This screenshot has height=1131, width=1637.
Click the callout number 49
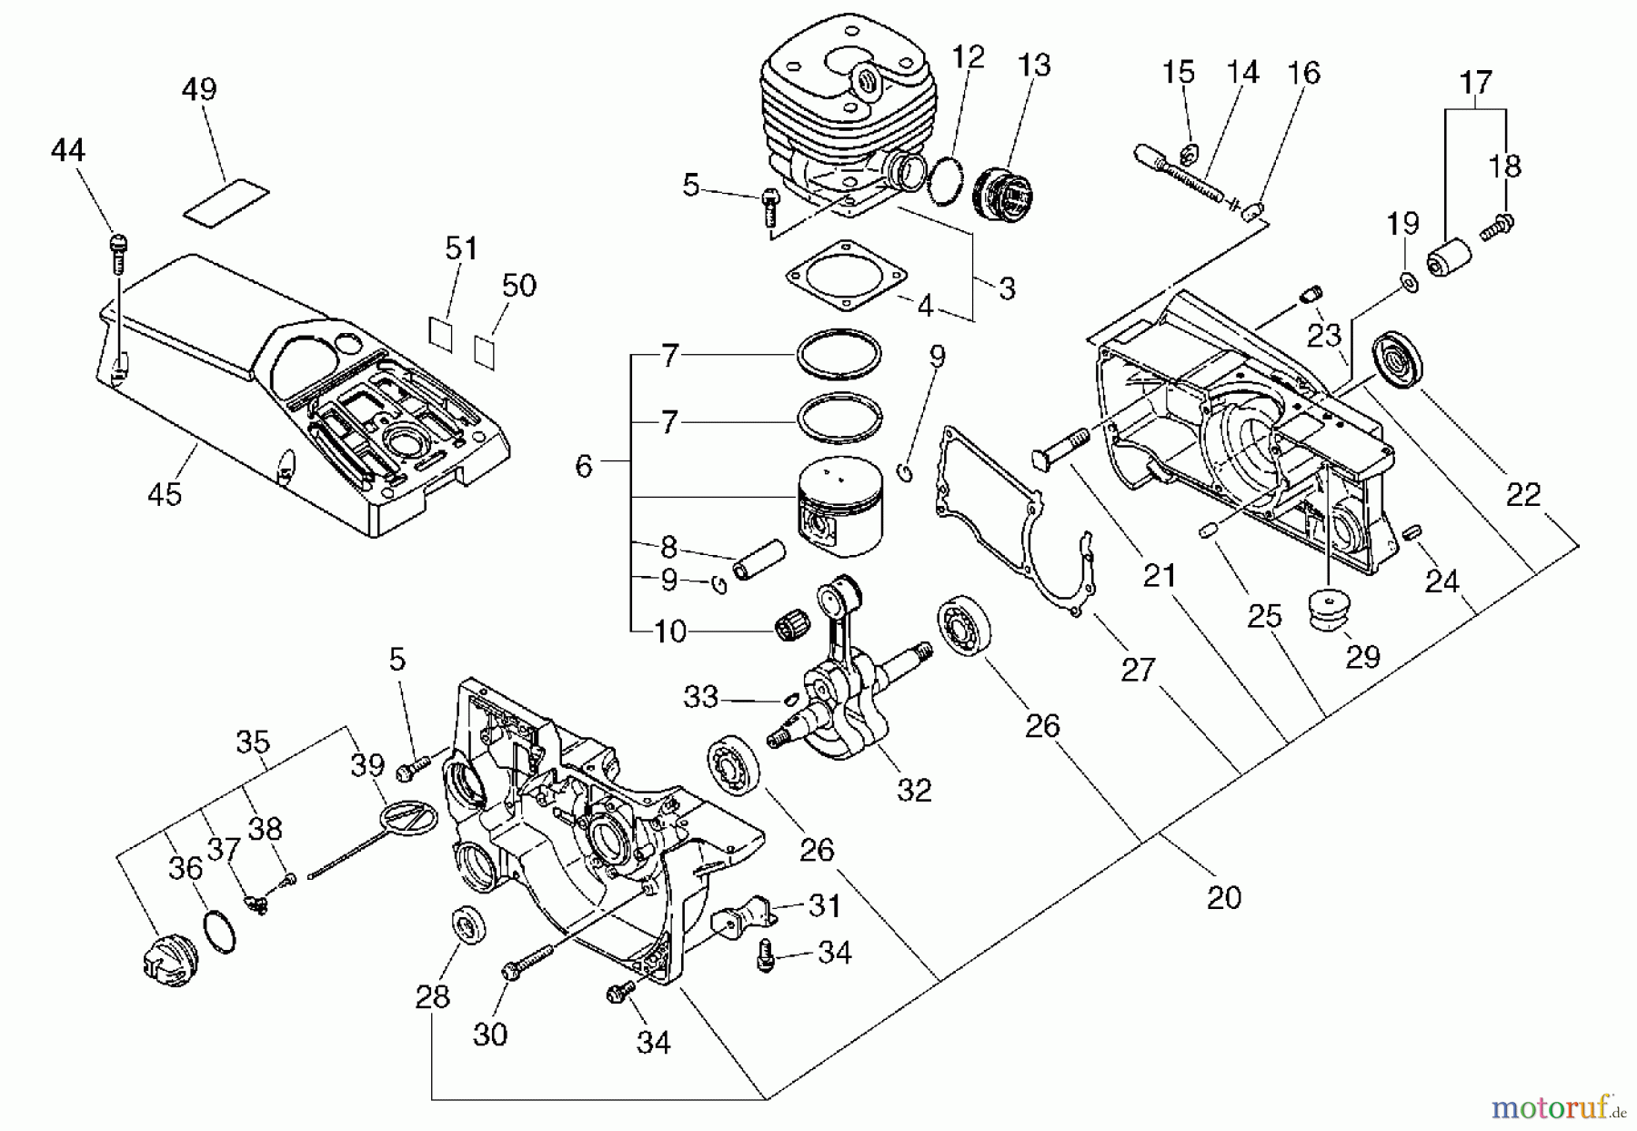coord(199,89)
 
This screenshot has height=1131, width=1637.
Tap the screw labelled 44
coord(119,246)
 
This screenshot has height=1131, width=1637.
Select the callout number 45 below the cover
coord(165,494)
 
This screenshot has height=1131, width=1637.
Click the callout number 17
coord(1476,83)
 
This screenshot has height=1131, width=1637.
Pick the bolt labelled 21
coord(1061,448)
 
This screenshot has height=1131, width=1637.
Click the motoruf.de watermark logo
coord(1558,1107)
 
